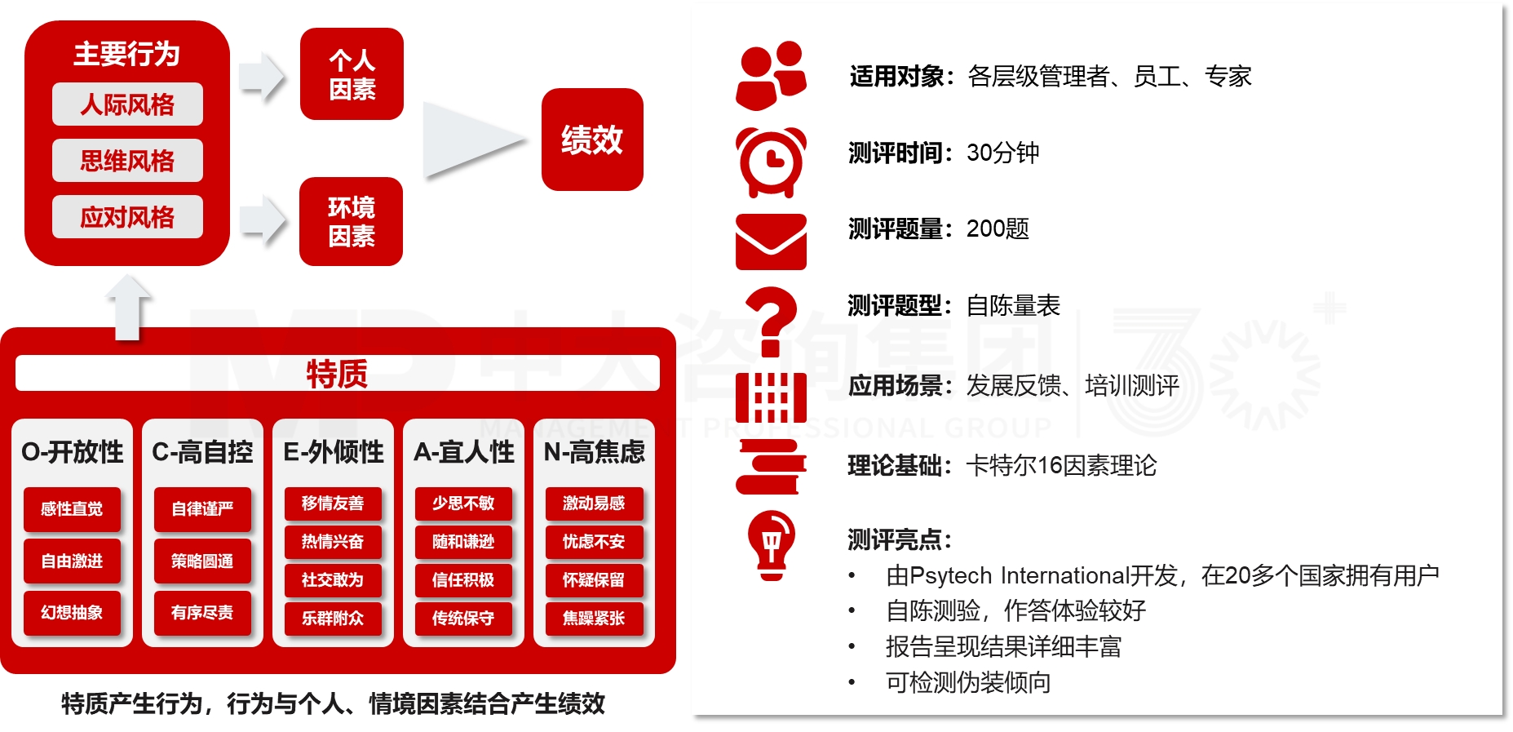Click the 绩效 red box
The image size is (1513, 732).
tap(592, 140)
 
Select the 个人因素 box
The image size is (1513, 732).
tap(352, 74)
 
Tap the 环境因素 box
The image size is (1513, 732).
tap(351, 221)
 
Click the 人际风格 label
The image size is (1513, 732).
tap(127, 104)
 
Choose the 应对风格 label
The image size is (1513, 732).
tap(127, 217)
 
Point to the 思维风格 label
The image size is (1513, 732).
tap(127, 161)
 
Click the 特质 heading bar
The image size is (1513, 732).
tap(337, 374)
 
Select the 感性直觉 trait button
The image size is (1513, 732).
tap(72, 509)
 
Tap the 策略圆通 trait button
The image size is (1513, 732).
tap(202, 561)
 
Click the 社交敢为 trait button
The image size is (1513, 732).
tap(333, 580)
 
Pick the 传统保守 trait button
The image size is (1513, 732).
tap(463, 619)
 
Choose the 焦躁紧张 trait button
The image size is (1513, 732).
tap(594, 619)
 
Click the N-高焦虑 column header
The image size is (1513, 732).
tap(594, 452)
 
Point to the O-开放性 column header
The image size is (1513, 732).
tap(72, 452)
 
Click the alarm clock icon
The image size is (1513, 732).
tap(771, 162)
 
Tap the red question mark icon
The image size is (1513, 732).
tap(771, 322)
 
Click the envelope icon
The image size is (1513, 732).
tap(771, 242)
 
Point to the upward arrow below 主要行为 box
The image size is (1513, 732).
tap(128, 308)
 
